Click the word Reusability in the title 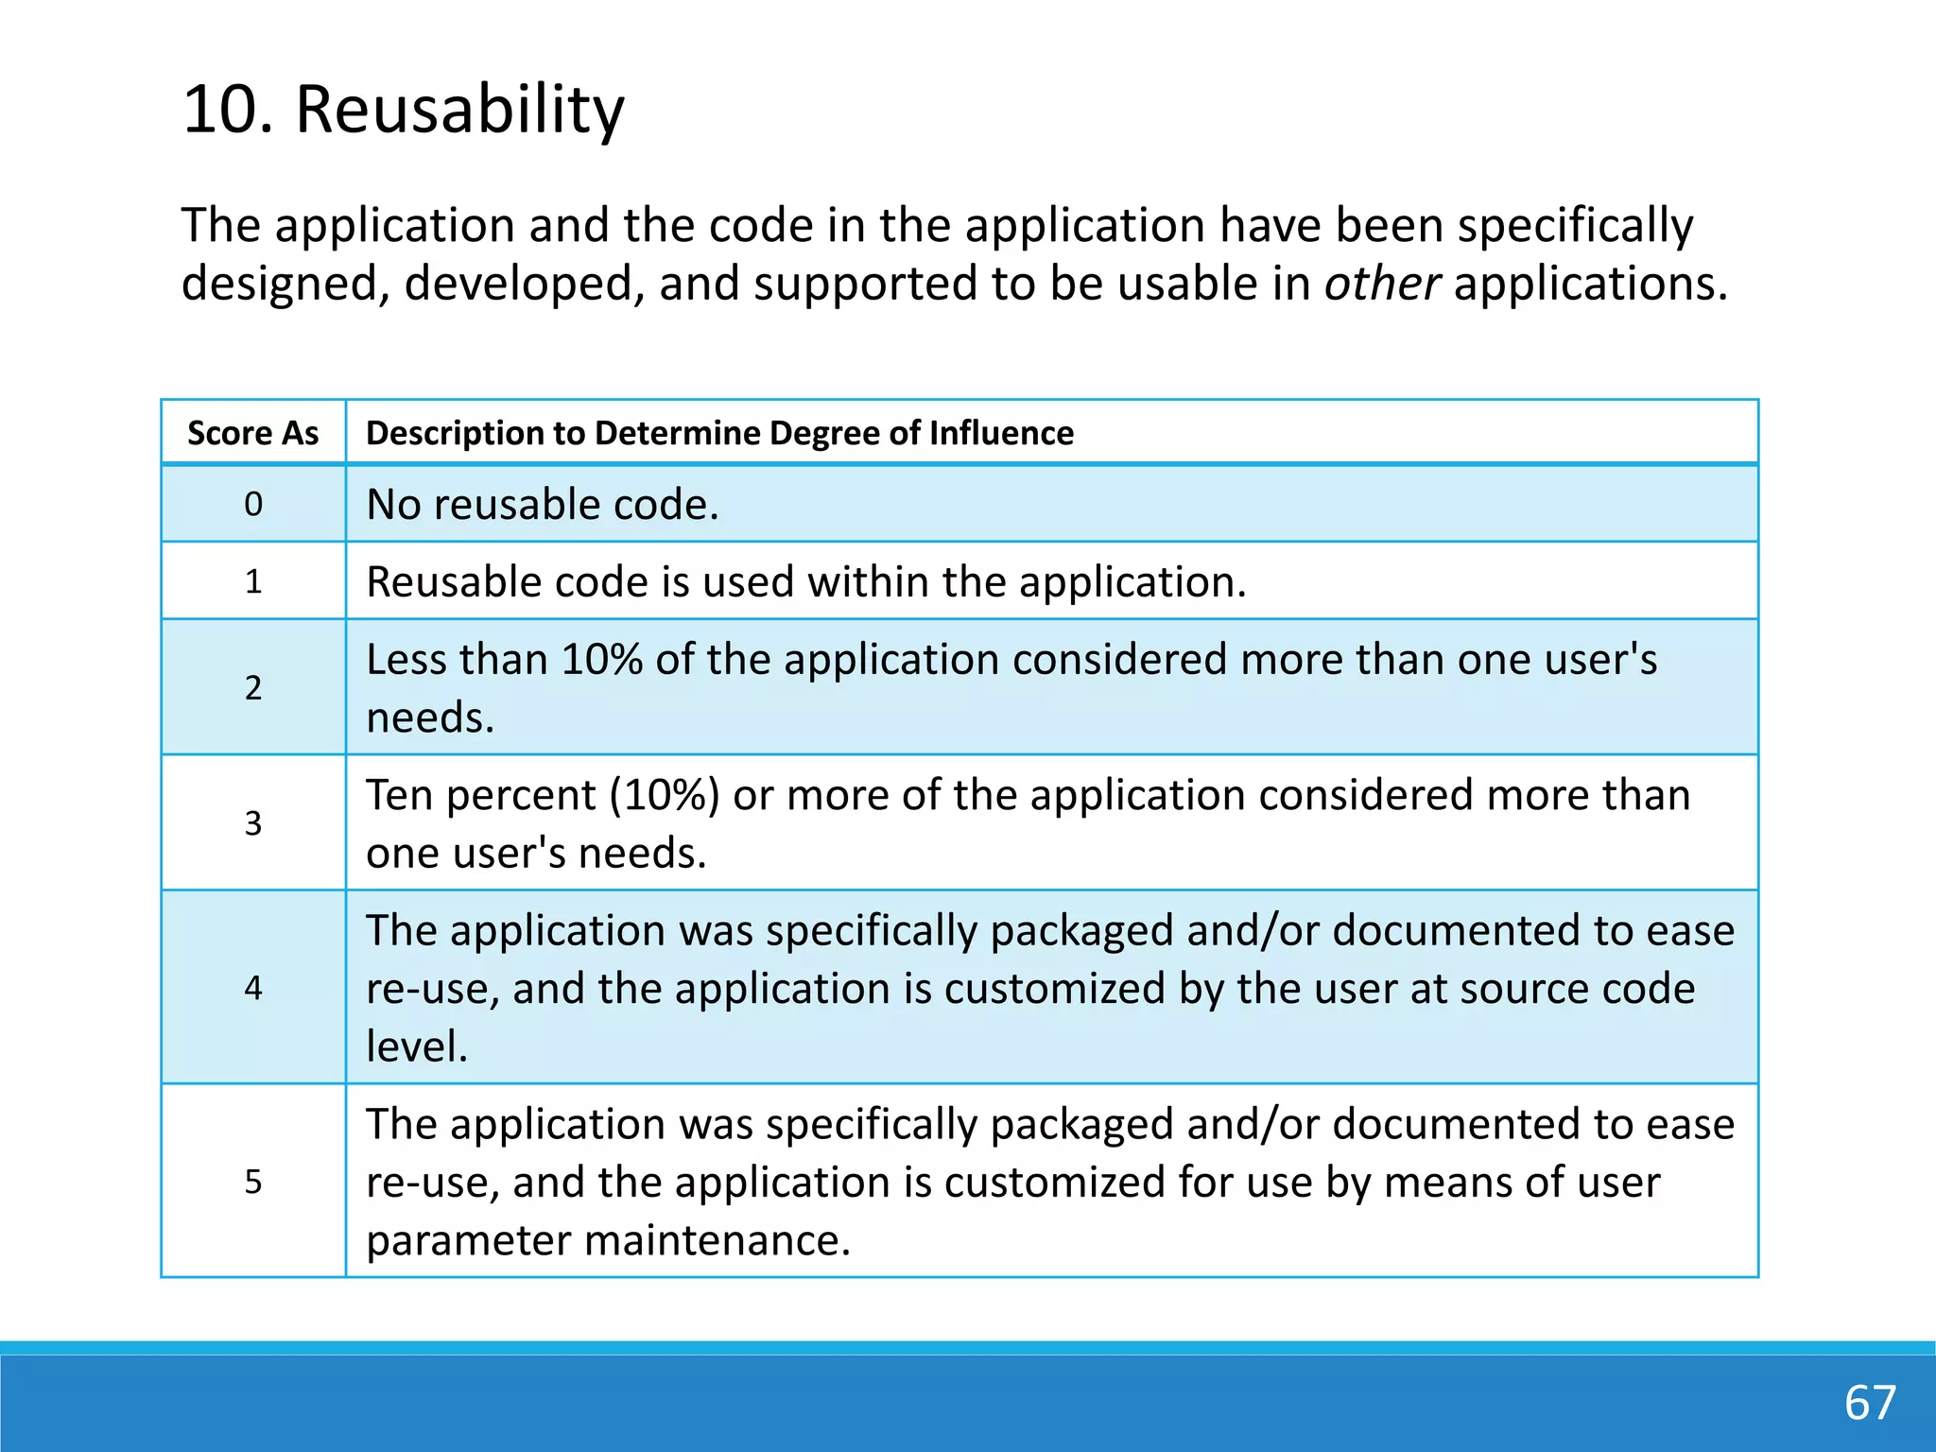tap(459, 110)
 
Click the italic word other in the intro tap(1381, 284)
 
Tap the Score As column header tap(253, 433)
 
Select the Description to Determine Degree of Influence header tap(719, 433)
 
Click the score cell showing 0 tap(253, 504)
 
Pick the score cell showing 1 tap(253, 581)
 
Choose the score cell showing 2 tap(253, 687)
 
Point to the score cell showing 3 tap(253, 822)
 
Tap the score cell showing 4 tap(253, 988)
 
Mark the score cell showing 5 tap(253, 1182)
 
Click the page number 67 tap(1870, 1402)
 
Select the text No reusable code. tap(543, 505)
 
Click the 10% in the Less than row tap(602, 660)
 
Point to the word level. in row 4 tap(417, 1046)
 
